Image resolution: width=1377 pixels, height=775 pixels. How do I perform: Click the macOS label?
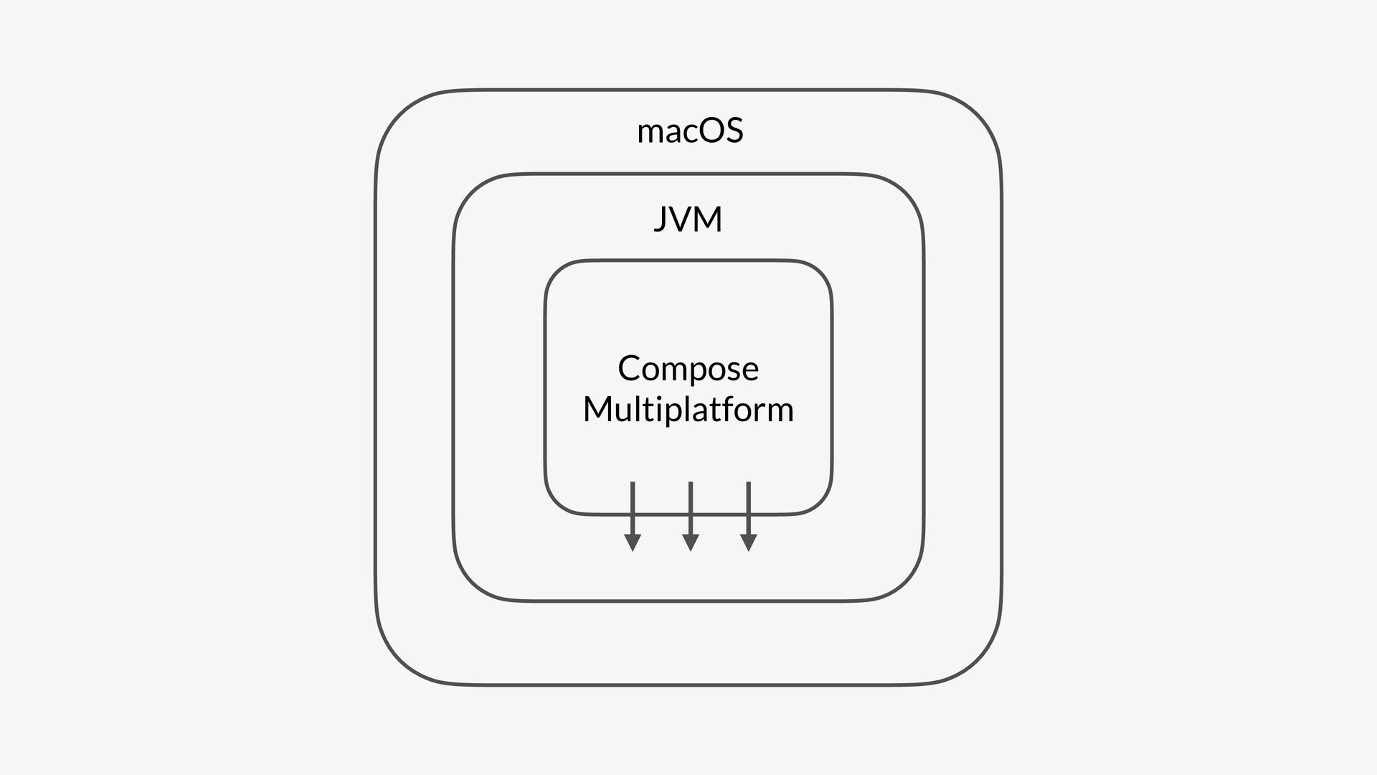pyautogui.click(x=690, y=131)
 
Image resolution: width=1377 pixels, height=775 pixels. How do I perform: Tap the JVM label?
pyautogui.click(x=688, y=219)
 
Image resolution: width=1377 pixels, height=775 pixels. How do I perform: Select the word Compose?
pyautogui.click(x=688, y=369)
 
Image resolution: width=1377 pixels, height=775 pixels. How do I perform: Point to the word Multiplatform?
pyautogui.click(x=688, y=410)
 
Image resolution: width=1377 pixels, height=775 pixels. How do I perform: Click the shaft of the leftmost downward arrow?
pyautogui.click(x=633, y=506)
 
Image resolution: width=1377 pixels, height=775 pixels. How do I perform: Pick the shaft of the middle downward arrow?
pyautogui.click(x=690, y=506)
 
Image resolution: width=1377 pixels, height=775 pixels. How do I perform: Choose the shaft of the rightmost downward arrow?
pyautogui.click(x=748, y=506)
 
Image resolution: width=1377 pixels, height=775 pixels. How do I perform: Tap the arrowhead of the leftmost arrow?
pyautogui.click(x=633, y=542)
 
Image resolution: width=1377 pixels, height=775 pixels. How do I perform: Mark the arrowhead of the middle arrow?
pyautogui.click(x=690, y=542)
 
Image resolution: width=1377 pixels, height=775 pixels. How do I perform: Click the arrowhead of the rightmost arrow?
pyautogui.click(x=748, y=542)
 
